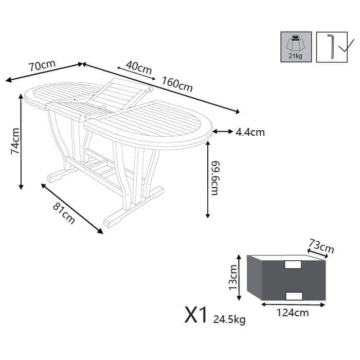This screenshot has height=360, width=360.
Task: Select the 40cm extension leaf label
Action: pos(138,67)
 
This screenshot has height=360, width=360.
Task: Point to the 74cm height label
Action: pos(15,141)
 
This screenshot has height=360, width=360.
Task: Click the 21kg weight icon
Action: pos(295,47)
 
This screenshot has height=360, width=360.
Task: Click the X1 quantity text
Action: pos(195,315)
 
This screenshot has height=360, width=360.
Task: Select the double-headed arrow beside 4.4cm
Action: pos(222,132)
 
